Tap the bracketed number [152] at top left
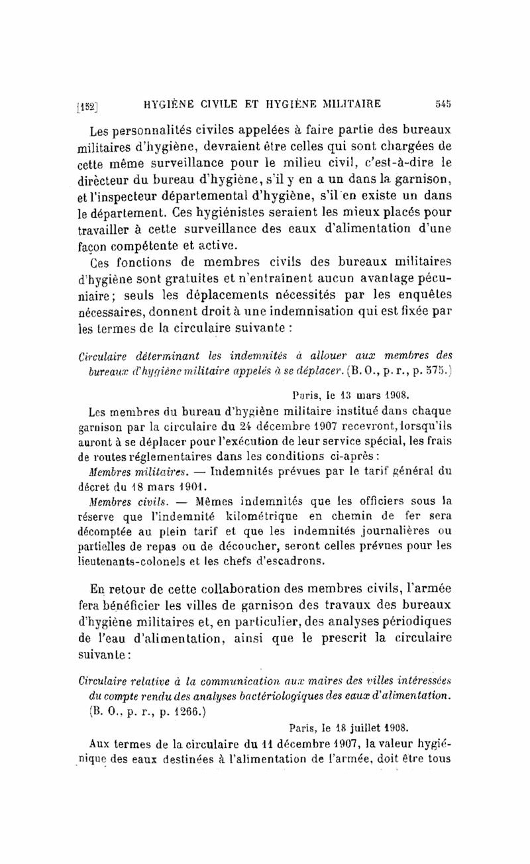click(x=87, y=104)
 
